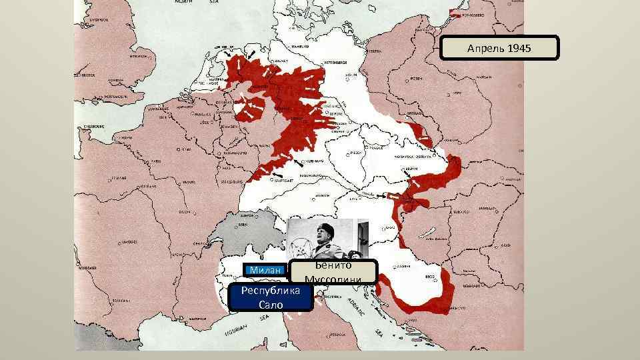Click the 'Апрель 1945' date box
(500, 48)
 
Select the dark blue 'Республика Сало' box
(271, 297)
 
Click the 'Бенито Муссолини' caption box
(333, 272)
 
